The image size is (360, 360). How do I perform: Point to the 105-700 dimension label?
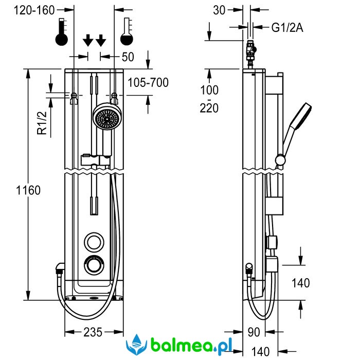[148, 82]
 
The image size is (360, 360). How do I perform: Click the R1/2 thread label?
[43, 124]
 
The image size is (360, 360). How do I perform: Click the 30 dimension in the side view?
[219, 10]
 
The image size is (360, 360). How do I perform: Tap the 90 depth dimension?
[253, 332]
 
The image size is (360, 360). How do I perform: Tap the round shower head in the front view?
[106, 118]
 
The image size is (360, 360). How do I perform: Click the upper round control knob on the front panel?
[94, 241]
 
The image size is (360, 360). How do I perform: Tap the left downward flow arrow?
[88, 40]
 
